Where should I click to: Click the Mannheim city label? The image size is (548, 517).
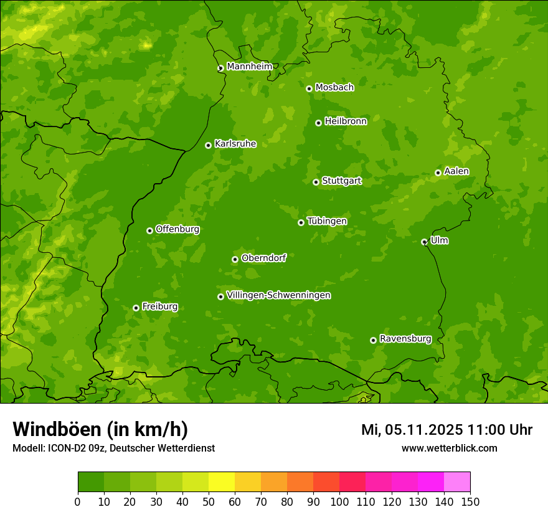249,67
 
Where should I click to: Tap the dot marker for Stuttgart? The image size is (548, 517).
316,182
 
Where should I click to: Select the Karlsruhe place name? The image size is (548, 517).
235,144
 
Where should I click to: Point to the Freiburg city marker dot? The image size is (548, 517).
136,308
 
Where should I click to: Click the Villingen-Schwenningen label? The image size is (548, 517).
278,295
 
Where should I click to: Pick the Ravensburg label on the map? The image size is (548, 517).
405,339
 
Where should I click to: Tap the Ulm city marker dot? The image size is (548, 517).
424,242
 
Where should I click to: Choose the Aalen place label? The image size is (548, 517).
456,171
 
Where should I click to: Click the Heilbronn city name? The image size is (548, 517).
346,121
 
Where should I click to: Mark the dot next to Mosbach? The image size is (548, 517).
309,88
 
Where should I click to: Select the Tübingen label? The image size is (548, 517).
327,221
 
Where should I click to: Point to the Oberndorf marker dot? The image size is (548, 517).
235,259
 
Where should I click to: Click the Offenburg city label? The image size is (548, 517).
177,229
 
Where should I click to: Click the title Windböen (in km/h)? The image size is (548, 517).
100,429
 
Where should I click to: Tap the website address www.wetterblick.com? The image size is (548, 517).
449,448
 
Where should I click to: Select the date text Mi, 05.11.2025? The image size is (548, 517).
412,430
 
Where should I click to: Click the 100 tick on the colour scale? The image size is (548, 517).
339,501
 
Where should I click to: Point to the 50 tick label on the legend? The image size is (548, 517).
209,501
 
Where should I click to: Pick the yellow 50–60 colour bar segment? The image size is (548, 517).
222,482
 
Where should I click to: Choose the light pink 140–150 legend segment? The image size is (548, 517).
457,482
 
